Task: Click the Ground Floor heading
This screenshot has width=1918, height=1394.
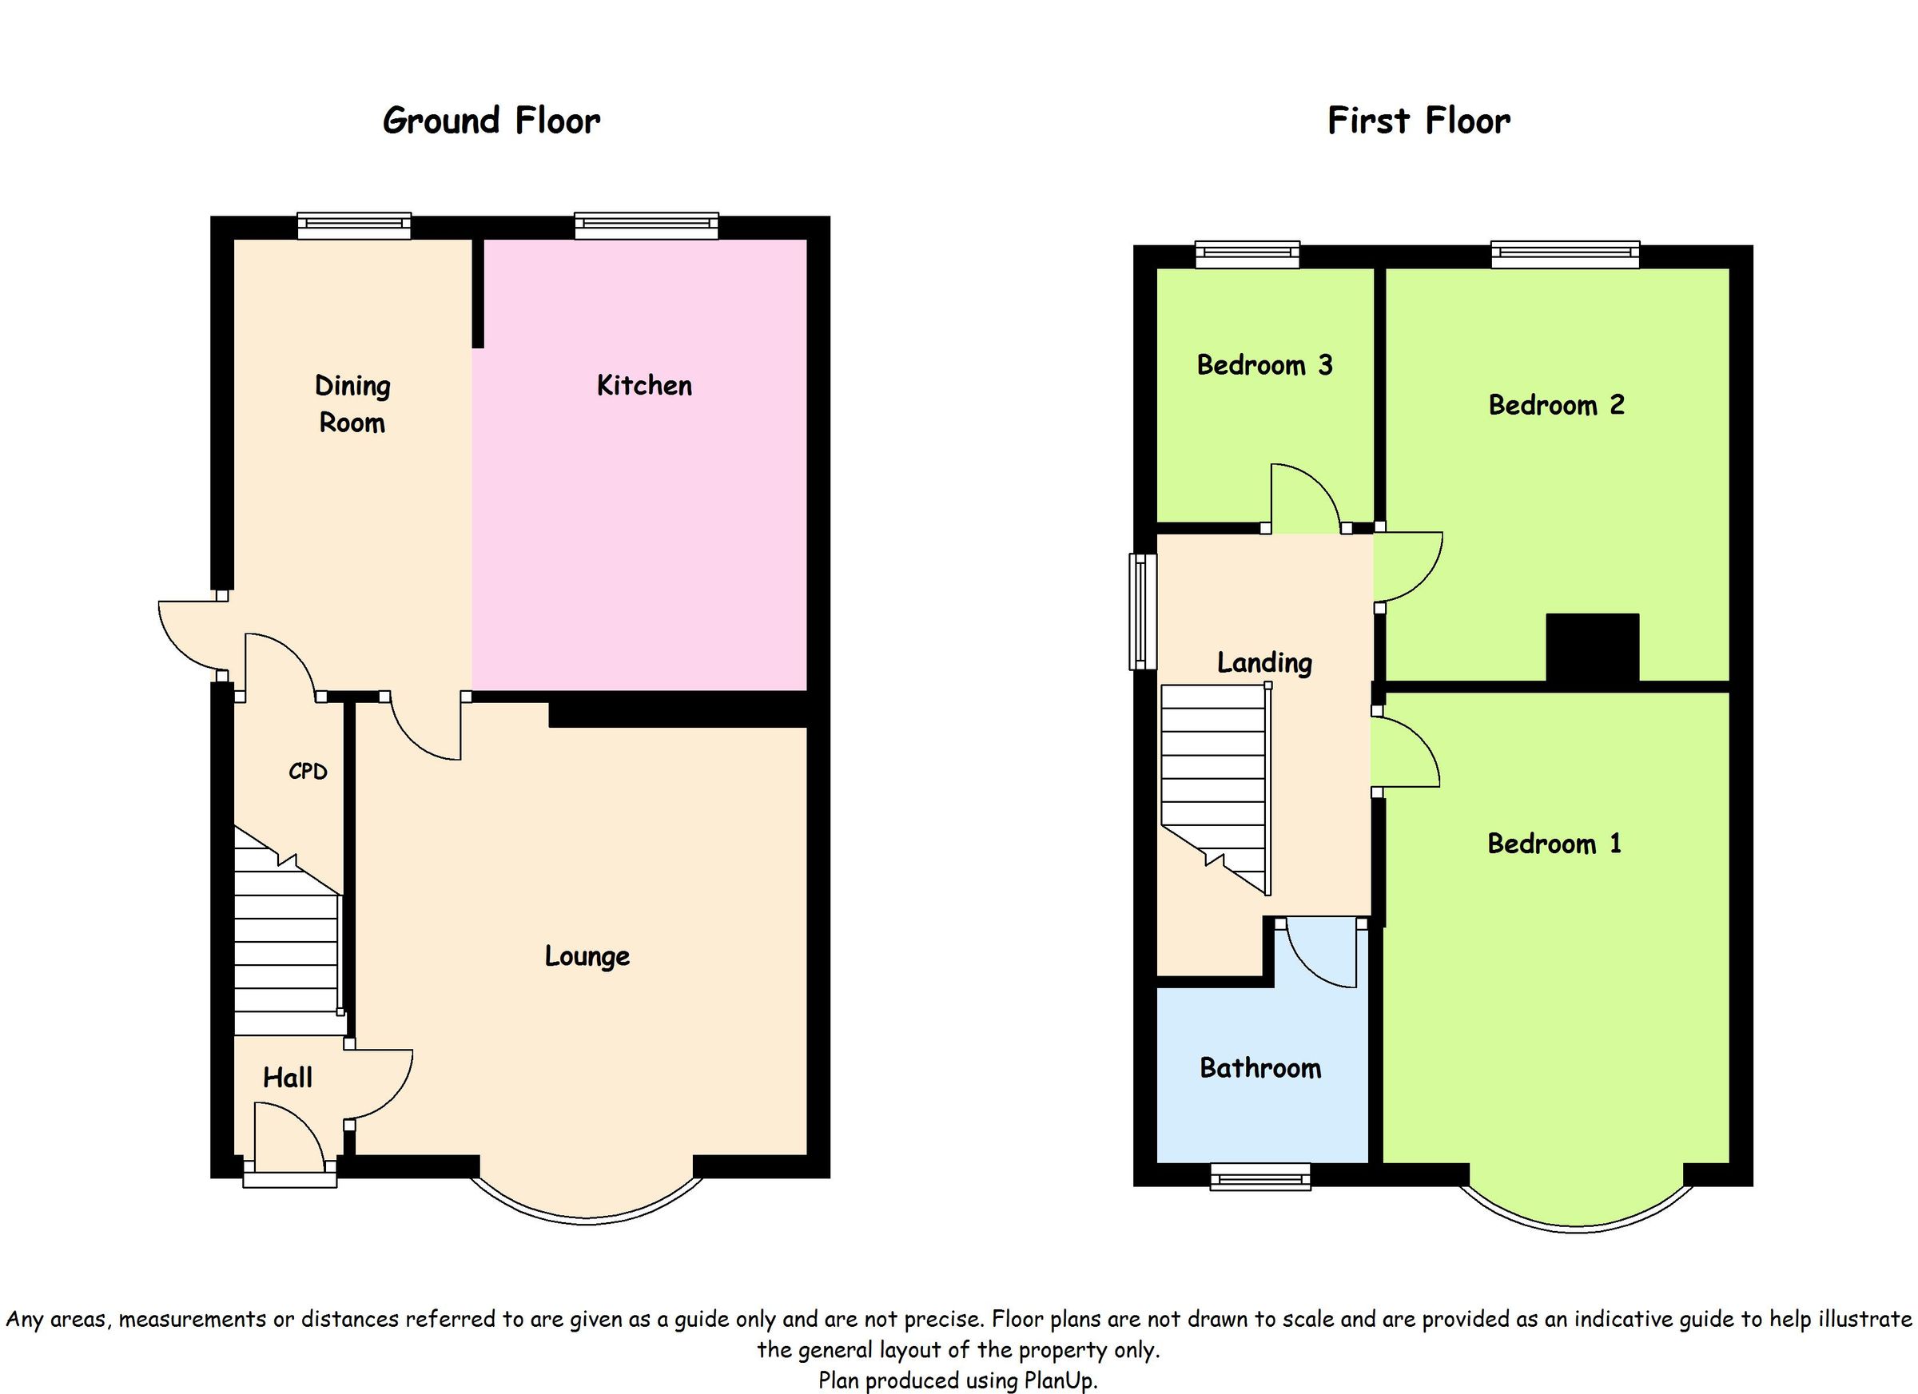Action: (x=491, y=121)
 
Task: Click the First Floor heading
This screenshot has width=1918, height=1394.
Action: (x=1419, y=121)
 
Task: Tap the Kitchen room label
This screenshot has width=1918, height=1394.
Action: (x=643, y=386)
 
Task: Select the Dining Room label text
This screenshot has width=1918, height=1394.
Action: (x=352, y=404)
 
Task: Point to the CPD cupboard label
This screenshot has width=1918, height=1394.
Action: (x=307, y=771)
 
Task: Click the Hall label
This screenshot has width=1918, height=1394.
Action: (x=288, y=1077)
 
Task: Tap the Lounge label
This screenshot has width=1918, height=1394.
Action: (x=587, y=956)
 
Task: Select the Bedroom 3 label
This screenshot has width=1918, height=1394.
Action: (x=1264, y=365)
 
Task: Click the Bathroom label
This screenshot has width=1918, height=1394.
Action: (x=1260, y=1068)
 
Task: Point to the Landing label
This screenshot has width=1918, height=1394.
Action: (x=1264, y=662)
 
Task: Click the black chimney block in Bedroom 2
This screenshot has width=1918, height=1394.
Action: (x=1593, y=647)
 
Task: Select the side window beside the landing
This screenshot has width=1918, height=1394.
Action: (x=1143, y=611)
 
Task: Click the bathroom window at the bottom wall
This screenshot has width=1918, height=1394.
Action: (x=1260, y=1177)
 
